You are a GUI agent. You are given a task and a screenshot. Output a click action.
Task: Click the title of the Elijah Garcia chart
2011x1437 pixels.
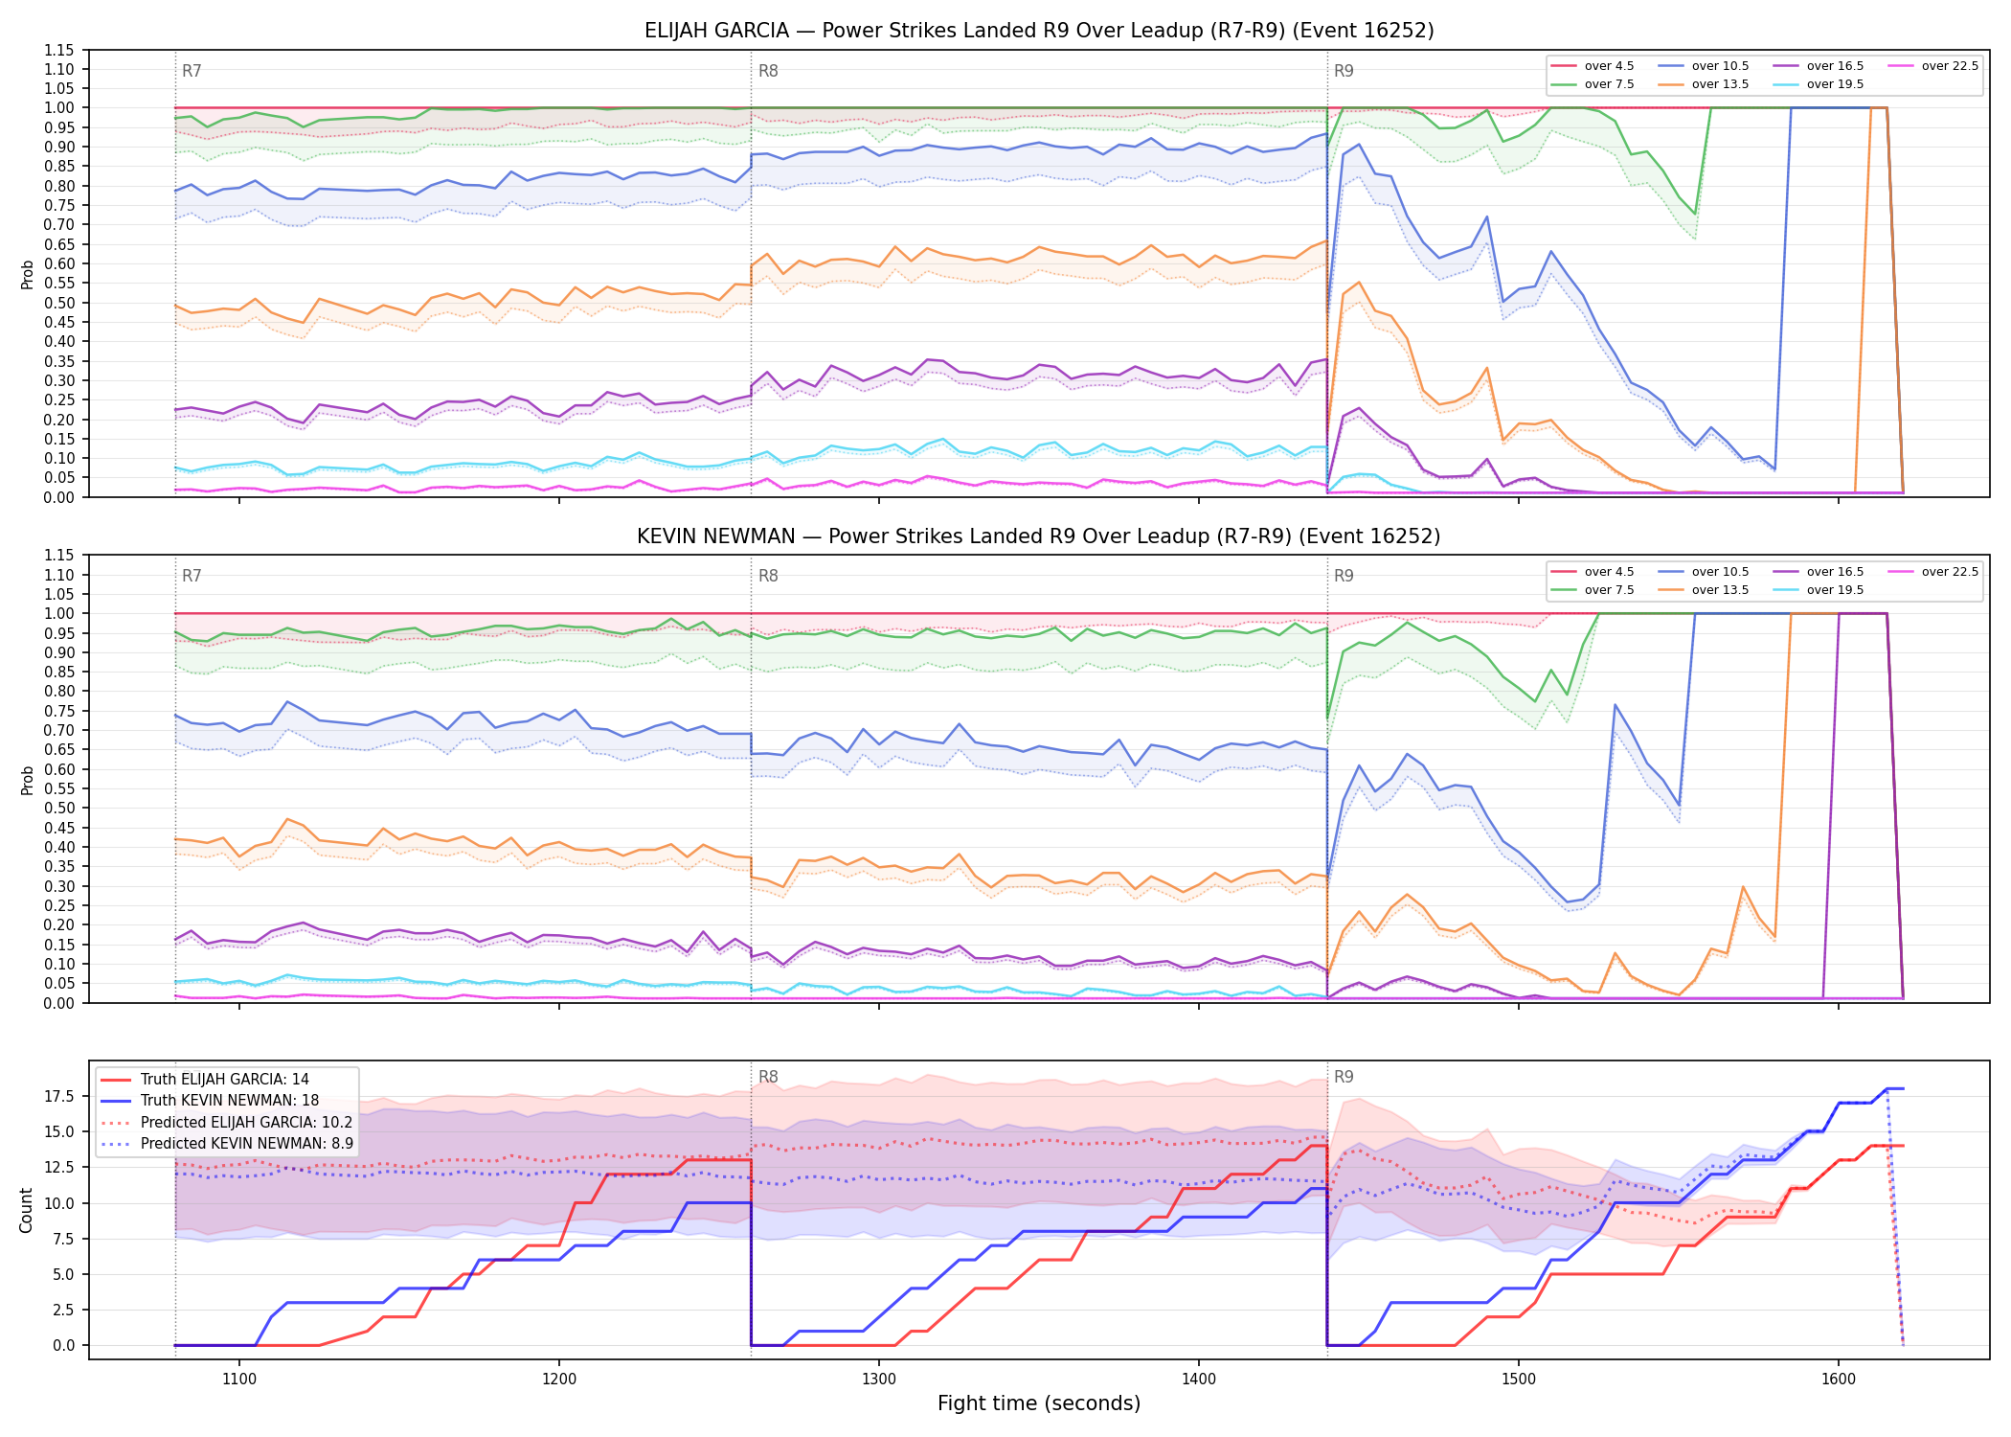(1039, 31)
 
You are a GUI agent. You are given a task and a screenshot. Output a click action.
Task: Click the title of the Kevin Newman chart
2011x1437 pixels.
(1039, 536)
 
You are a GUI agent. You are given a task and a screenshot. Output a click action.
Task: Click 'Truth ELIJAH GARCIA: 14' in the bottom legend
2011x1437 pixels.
(205, 1079)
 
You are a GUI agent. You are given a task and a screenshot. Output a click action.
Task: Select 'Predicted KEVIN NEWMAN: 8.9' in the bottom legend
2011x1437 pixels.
(227, 1143)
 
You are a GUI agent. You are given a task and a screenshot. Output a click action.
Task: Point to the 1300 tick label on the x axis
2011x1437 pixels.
(879, 1380)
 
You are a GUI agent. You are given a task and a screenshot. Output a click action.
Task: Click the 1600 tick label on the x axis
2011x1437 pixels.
(1838, 1380)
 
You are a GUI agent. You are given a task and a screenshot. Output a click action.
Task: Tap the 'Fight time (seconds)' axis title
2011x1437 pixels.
(1039, 1403)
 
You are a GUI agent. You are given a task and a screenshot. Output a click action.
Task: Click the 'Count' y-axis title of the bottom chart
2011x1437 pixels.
(26, 1210)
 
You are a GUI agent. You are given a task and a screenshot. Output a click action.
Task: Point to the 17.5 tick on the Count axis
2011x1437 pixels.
(63, 1096)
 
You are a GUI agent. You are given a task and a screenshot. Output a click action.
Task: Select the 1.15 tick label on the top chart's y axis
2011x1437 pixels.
(59, 50)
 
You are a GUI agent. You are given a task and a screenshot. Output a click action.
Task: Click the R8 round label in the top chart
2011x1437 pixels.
(768, 71)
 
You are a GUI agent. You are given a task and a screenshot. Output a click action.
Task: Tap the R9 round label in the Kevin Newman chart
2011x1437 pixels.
(1344, 576)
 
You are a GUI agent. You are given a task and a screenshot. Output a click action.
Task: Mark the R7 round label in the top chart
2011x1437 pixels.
(192, 71)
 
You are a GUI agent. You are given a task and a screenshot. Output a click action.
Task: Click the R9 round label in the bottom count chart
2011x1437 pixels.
(1344, 1077)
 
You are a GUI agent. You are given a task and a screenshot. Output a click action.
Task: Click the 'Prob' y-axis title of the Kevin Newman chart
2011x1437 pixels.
(28, 780)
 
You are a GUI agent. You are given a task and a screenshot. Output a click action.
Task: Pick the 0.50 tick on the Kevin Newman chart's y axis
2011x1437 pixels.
(59, 808)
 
